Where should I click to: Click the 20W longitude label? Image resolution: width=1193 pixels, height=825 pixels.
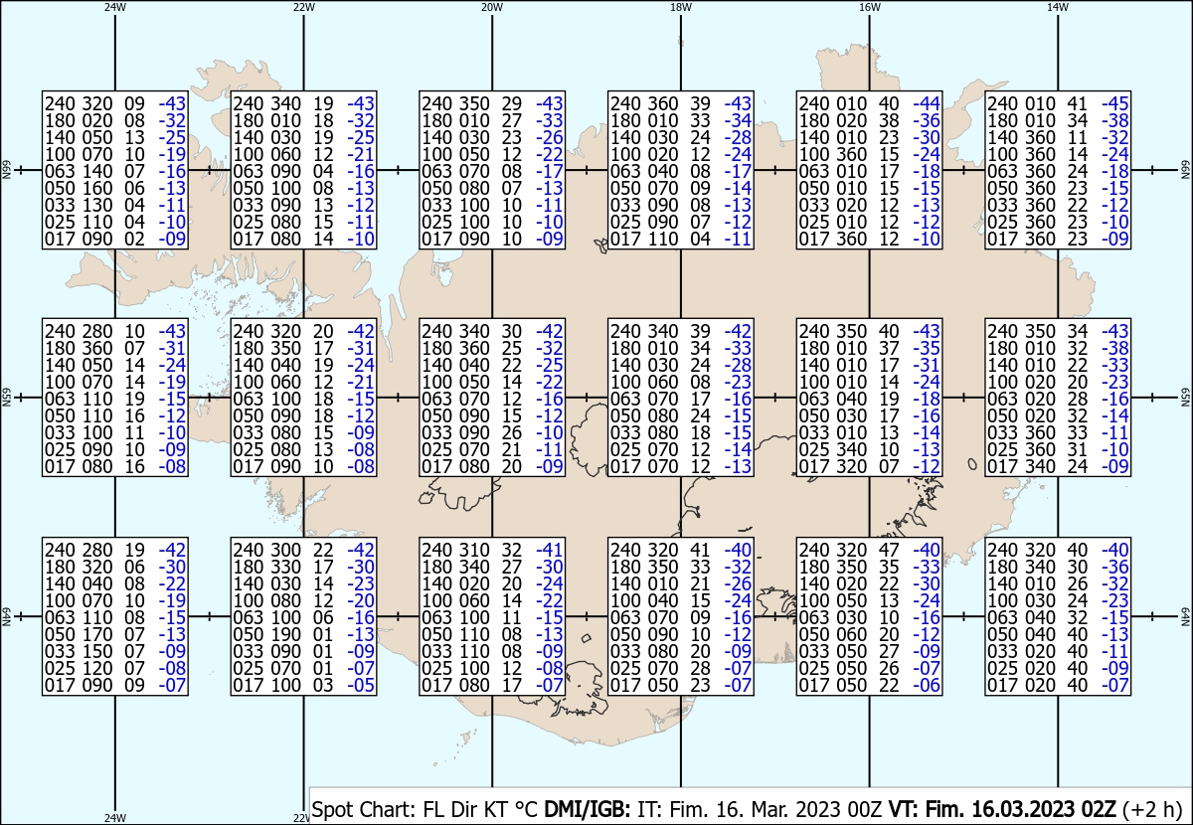tap(491, 8)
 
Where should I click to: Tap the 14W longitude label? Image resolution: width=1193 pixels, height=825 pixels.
tap(1057, 8)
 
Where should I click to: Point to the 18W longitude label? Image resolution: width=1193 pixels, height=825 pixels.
tap(681, 8)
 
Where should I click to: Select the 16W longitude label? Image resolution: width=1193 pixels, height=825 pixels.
tap(869, 8)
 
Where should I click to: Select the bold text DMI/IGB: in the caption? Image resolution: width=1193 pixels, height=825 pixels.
tap(587, 809)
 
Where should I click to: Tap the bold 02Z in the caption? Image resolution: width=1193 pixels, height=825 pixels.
tap(1099, 809)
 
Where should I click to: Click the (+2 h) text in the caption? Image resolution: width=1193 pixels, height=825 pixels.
tap(1152, 809)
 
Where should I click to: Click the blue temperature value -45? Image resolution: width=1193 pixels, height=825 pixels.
tap(1114, 103)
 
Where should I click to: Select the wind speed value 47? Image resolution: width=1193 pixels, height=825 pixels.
tap(889, 550)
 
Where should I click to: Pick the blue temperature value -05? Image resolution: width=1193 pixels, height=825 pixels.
tap(361, 685)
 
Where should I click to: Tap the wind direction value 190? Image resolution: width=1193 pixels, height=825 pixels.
tap(286, 634)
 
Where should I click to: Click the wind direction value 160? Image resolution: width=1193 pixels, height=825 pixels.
tap(97, 188)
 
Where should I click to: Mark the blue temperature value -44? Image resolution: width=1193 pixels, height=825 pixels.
tap(927, 103)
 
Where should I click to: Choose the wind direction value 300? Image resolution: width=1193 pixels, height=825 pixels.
tap(286, 550)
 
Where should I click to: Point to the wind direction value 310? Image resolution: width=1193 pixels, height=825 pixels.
tap(474, 550)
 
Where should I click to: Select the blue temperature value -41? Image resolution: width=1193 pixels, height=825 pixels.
tap(549, 550)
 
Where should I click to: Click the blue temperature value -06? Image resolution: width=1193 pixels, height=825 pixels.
tap(927, 685)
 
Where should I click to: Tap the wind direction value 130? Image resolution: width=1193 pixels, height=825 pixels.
tap(97, 205)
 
